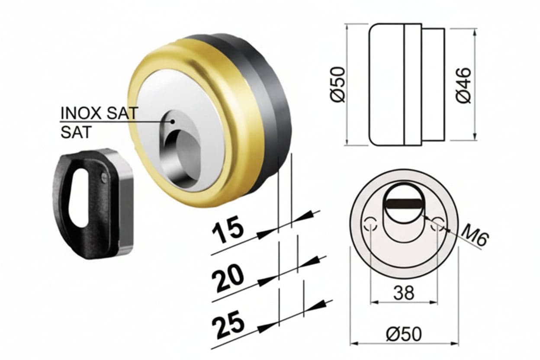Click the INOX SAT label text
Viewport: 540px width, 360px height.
click(x=99, y=113)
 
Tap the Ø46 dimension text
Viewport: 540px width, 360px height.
click(x=463, y=85)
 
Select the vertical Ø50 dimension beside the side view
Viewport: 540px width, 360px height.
click(x=338, y=85)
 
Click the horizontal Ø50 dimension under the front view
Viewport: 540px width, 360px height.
click(x=404, y=334)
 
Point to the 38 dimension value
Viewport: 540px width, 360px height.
click(x=404, y=293)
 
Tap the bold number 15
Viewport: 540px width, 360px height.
click(x=227, y=229)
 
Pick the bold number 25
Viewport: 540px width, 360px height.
click(x=228, y=324)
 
